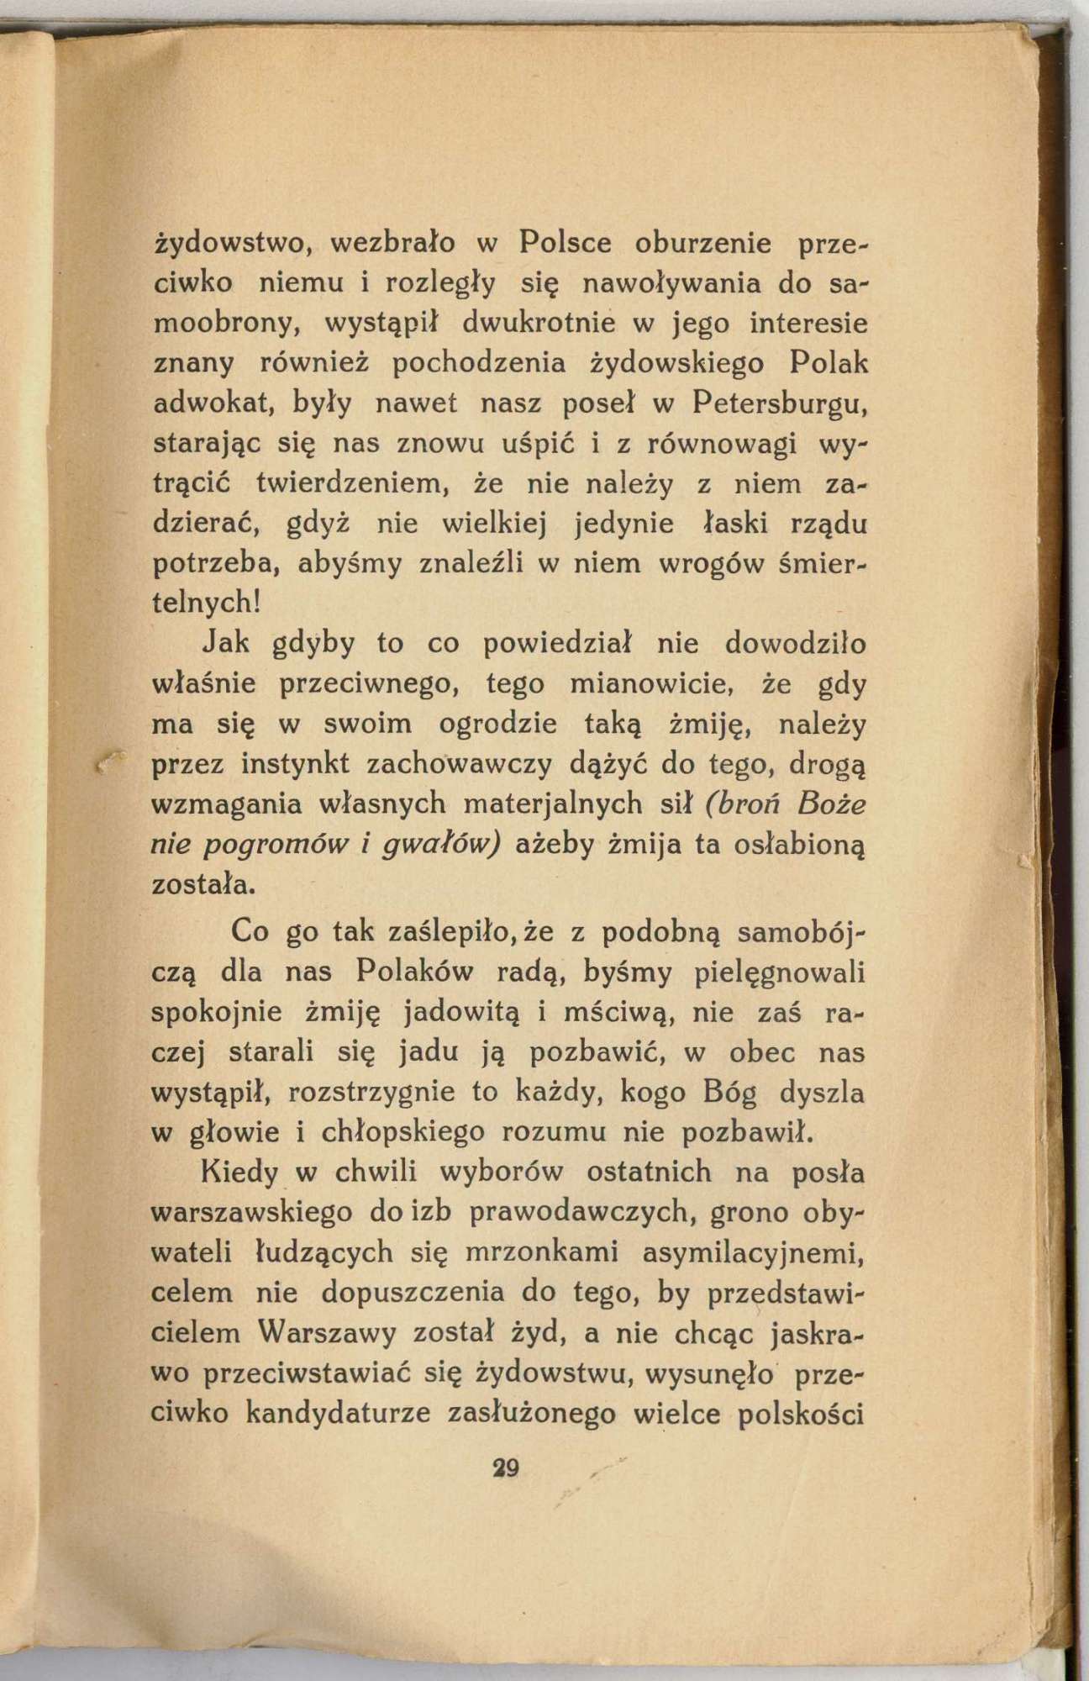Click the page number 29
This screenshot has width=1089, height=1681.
click(507, 1468)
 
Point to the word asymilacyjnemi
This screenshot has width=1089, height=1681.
click(753, 1252)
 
